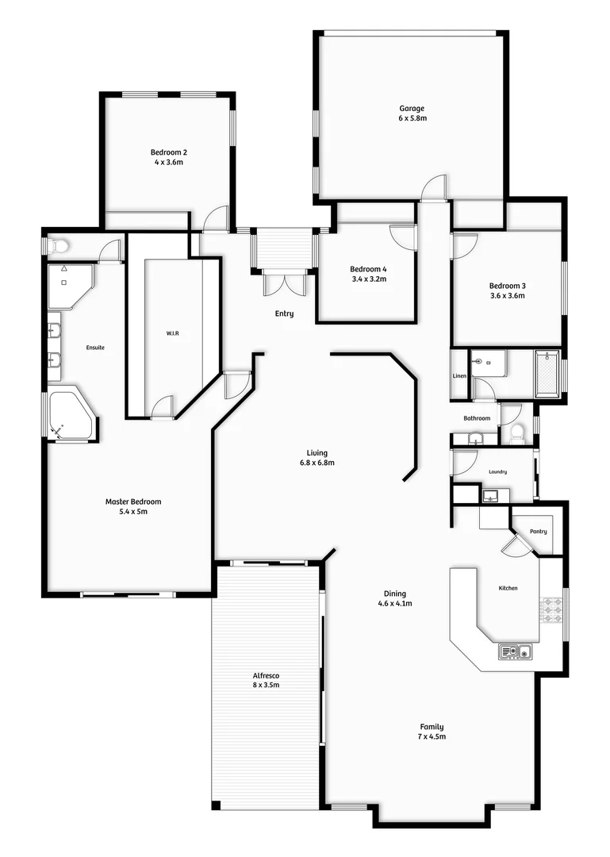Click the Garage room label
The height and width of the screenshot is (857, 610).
click(x=412, y=109)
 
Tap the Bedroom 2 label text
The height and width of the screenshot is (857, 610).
click(x=169, y=152)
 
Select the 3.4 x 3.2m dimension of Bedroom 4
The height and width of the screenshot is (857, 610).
click(x=369, y=279)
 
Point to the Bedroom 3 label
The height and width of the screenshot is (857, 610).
click(x=507, y=286)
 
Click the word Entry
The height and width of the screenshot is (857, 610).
click(x=284, y=313)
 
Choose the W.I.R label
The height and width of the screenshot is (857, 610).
click(x=173, y=334)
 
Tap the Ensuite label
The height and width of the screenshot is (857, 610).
click(x=96, y=348)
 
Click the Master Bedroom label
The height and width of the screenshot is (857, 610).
click(x=133, y=502)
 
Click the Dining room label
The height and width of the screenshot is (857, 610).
click(x=395, y=594)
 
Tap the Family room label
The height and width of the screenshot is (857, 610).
click(x=432, y=726)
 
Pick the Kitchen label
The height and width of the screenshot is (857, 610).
click(x=508, y=588)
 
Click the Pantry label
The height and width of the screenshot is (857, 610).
click(x=538, y=532)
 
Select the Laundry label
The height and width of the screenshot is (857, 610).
click(x=497, y=472)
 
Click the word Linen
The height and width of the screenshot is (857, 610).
click(x=459, y=375)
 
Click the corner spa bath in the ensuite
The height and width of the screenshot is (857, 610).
click(x=69, y=413)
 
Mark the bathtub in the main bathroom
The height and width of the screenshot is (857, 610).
click(x=547, y=373)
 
